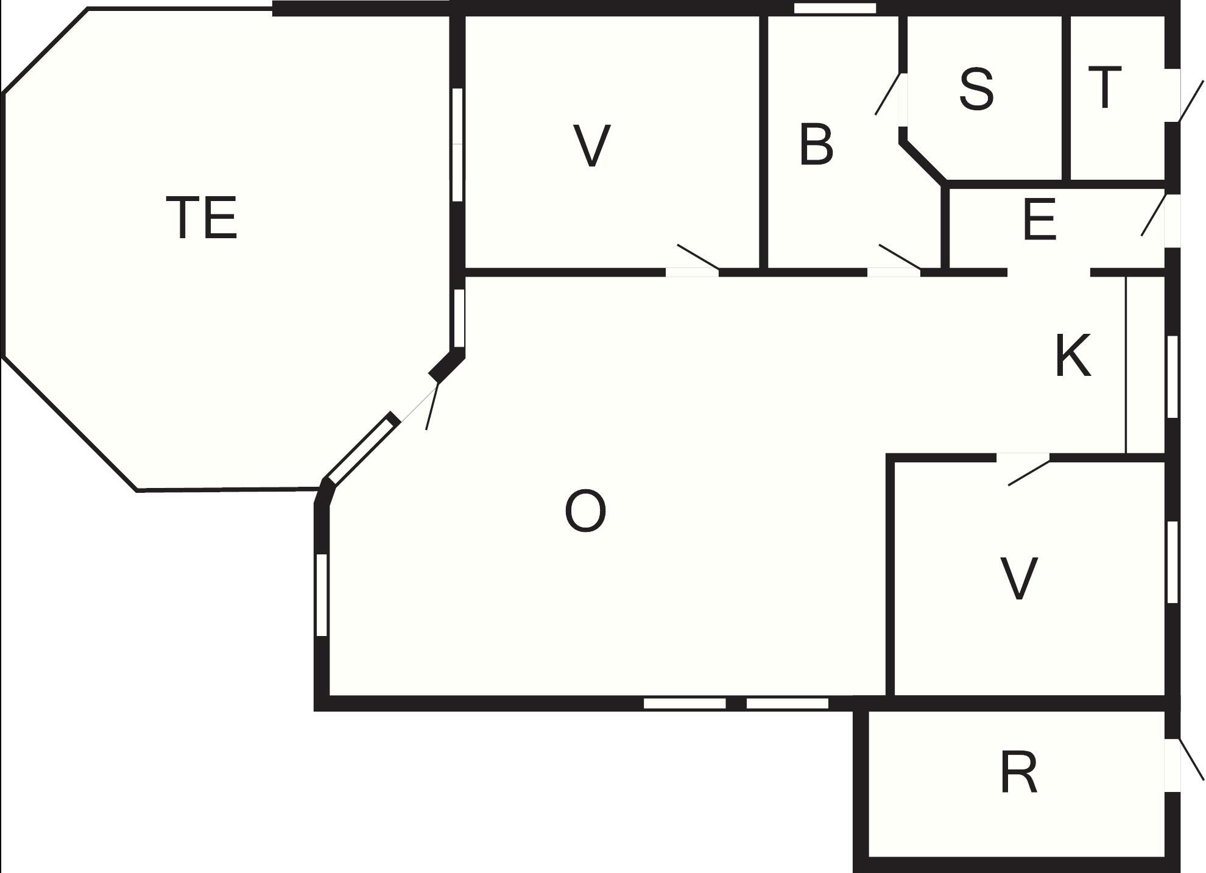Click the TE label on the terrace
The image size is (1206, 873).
202,217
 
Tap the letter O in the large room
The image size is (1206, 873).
585,512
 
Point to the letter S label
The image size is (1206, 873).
976,90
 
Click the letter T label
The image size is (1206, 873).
1104,88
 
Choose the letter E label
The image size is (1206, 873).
1039,220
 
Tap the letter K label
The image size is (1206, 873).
1073,356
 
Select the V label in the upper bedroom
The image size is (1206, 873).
592,146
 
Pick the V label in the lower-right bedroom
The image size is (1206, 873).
1019,579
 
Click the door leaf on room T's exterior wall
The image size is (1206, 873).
1191,101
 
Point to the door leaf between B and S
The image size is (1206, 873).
887,94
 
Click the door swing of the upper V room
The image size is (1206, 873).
698,256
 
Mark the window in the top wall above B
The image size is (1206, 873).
835,9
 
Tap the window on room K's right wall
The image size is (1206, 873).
1172,376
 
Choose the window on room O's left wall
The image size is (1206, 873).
322,595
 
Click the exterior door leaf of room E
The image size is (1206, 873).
1154,215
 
